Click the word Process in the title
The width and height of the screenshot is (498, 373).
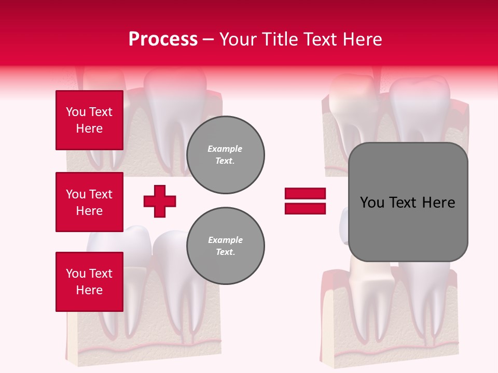tap(163, 39)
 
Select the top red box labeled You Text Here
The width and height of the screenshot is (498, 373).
tap(89, 120)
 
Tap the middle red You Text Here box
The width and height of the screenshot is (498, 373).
tap(89, 202)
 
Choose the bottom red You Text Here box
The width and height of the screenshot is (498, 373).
tap(89, 282)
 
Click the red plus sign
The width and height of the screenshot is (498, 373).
tap(160, 201)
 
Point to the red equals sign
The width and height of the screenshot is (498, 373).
tap(305, 201)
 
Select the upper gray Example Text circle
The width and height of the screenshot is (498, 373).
tap(226, 155)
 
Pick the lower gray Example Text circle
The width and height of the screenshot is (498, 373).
tap(226, 246)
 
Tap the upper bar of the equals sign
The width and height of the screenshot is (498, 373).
tap(305, 194)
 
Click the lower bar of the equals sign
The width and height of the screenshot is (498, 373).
tap(305, 209)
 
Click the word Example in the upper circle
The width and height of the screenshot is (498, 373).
tap(225, 149)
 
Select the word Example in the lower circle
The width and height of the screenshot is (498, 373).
tap(225, 240)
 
